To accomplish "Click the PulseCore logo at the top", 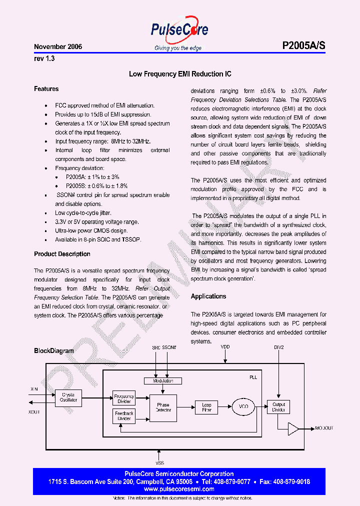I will (x=179, y=31).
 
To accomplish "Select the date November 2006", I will (x=58, y=46).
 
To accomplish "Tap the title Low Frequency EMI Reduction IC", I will (x=180, y=74).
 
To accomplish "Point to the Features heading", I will (x=46, y=89).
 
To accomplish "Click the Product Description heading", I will (x=62, y=254).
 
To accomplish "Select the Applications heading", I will (x=208, y=296).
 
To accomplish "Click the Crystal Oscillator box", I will (x=68, y=397).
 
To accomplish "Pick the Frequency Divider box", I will (x=124, y=398).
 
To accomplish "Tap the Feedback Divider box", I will (x=124, y=416).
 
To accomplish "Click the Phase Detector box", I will (x=163, y=407).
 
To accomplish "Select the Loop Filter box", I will (x=206, y=407).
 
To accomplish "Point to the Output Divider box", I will (x=278, y=407).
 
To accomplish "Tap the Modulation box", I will (x=163, y=381).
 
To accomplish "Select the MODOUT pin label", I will (x=324, y=428).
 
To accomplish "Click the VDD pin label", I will (x=225, y=346).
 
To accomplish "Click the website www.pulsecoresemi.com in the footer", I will (x=179, y=490).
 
